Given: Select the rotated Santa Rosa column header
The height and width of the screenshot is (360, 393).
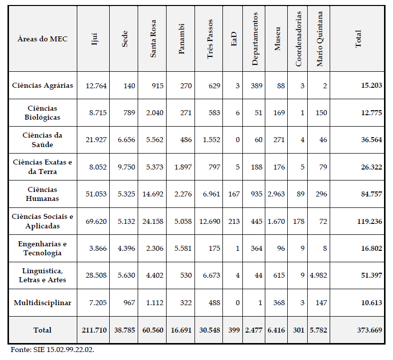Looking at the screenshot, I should coord(153,39).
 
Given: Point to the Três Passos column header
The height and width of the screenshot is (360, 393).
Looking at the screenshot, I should coord(210,39).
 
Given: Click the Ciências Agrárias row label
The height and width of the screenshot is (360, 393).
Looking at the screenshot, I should coord(42,85).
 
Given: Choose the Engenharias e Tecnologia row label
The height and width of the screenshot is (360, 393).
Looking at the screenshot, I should coord(42,248).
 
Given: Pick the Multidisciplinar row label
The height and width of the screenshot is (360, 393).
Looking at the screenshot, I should coord(42,303).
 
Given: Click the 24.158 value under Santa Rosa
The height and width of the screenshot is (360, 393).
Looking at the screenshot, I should coord(153,221).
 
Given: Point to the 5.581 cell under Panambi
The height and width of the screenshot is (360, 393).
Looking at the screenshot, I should coord(182,248).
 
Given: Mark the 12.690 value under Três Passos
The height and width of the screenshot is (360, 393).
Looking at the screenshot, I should coord(209,221).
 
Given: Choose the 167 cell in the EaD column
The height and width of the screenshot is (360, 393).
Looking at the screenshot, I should coord(233,194).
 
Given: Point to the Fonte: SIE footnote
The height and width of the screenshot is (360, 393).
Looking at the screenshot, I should coord(52,349).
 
